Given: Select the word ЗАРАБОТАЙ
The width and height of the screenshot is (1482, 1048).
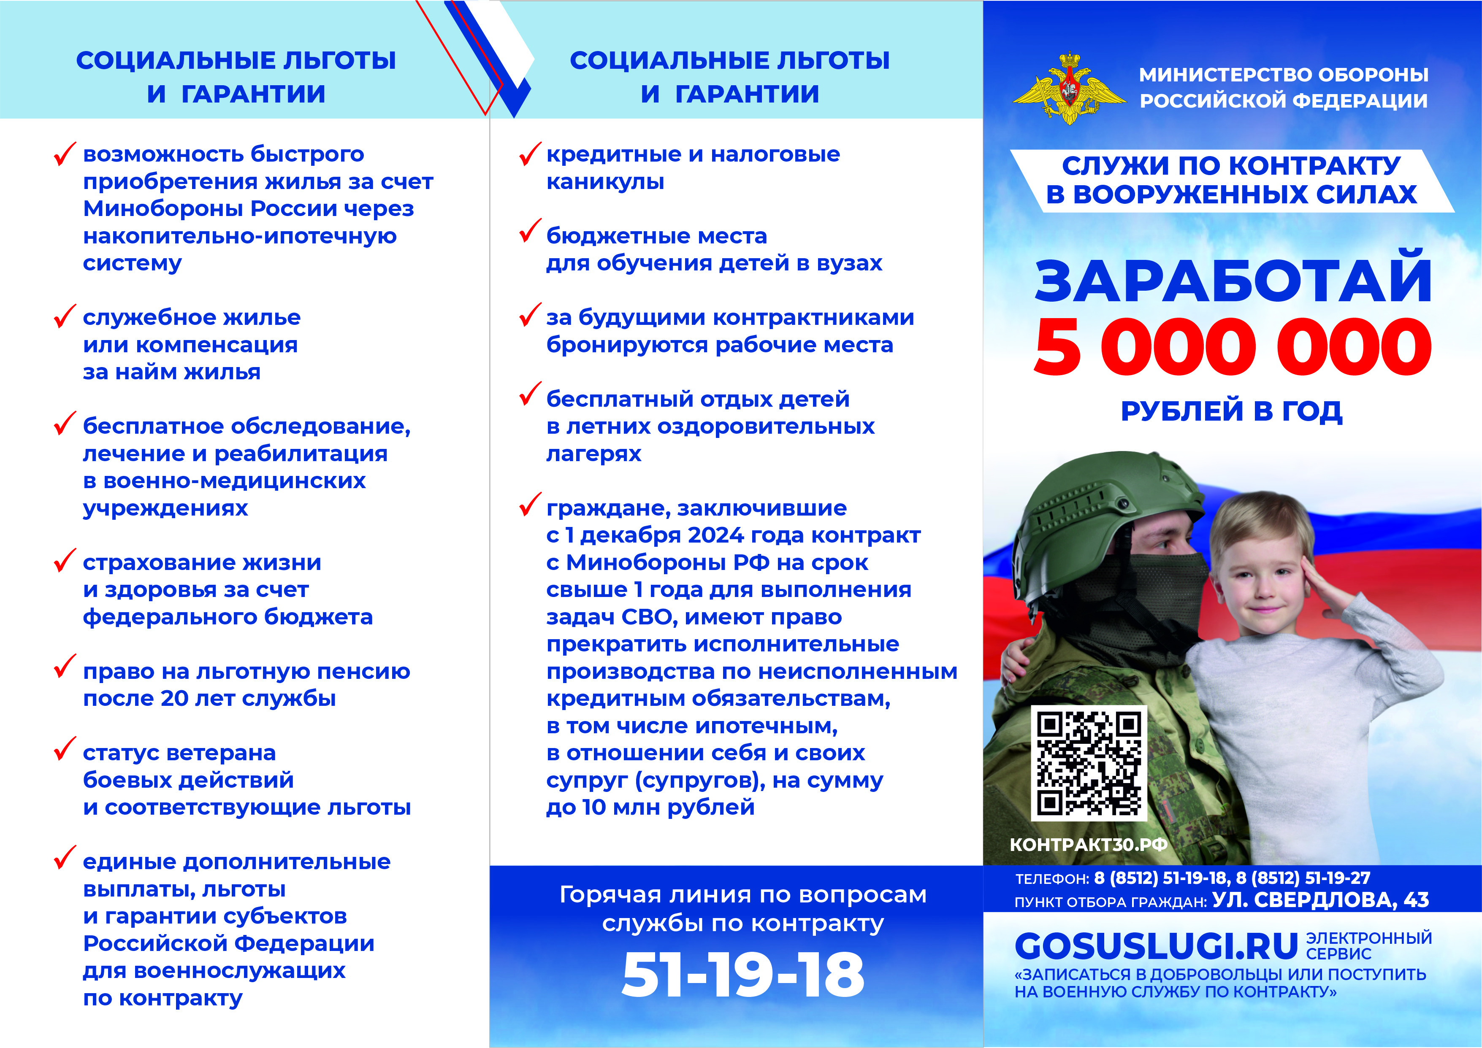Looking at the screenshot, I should tap(1233, 281).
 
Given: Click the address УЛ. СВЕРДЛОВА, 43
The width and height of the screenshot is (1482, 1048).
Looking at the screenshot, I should tap(1320, 899).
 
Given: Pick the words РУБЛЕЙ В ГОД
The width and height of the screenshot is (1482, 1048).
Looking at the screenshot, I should tap(1232, 411).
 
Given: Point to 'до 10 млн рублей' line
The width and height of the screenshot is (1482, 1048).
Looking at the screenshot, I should tap(650, 807).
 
